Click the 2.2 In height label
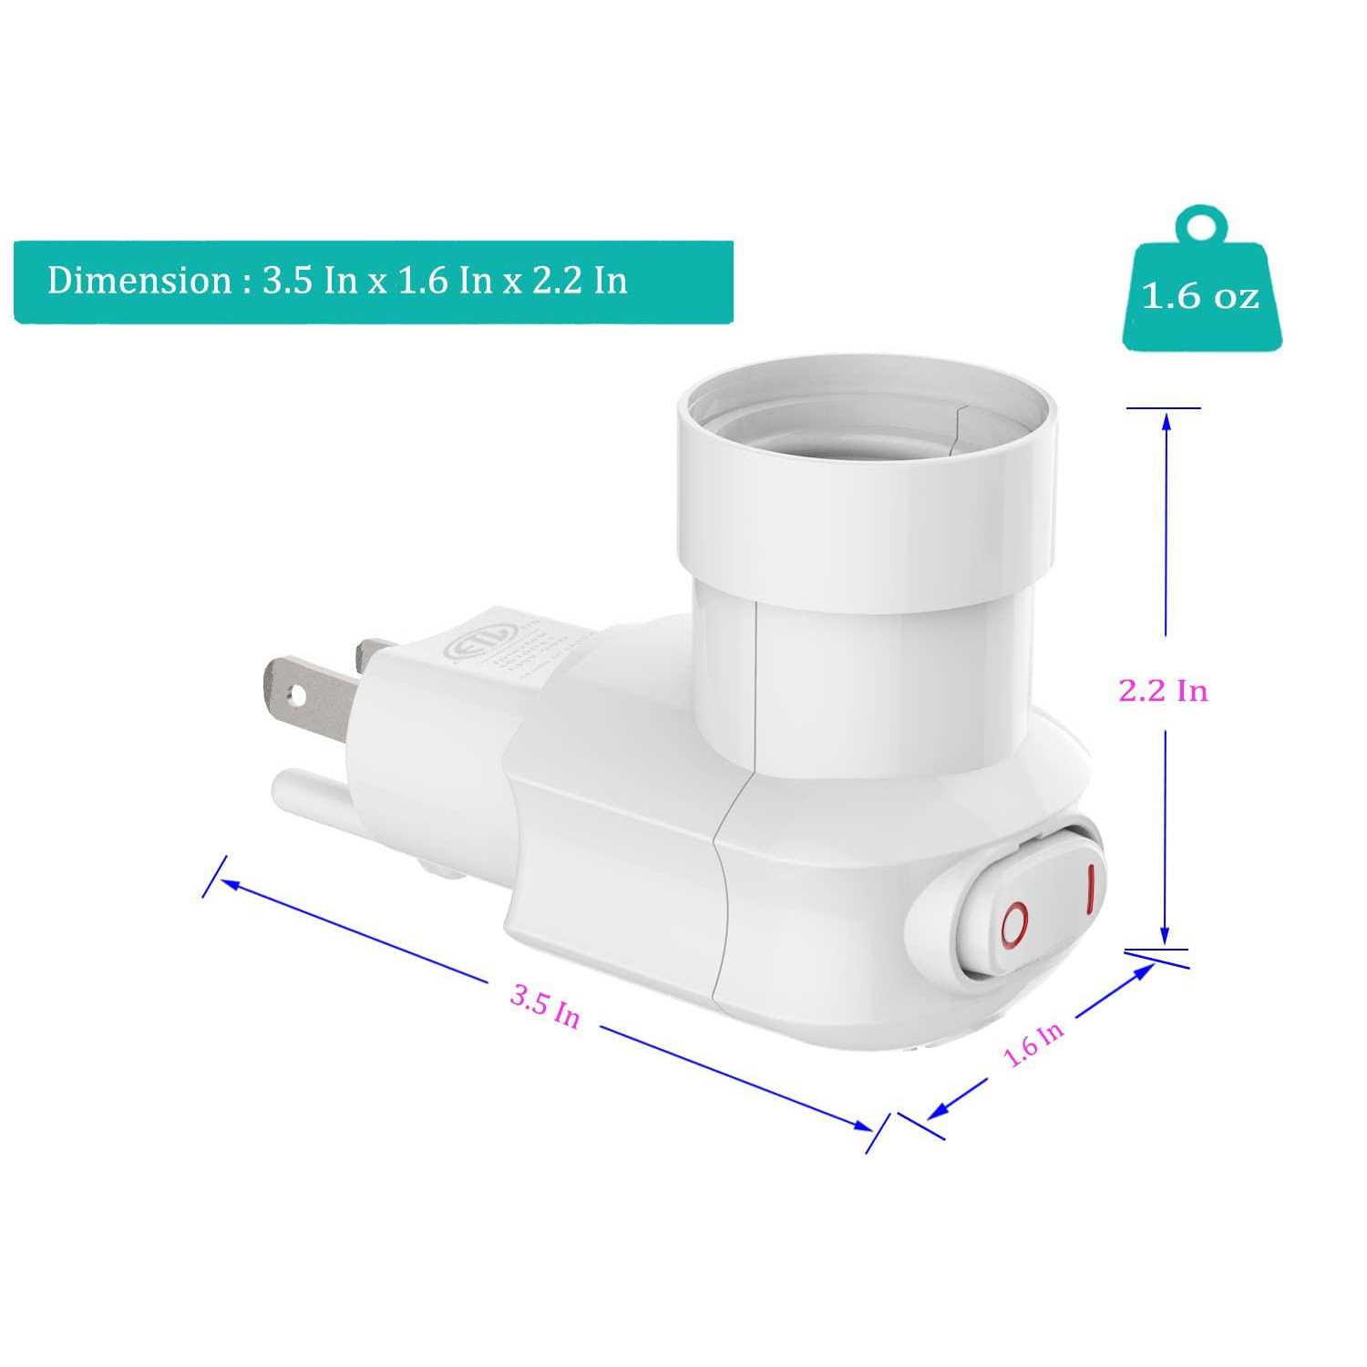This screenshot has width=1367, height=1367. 1163,691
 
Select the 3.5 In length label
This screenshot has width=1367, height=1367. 545,1005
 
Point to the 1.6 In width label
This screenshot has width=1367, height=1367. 1033,1043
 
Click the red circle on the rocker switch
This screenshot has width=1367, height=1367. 1014,925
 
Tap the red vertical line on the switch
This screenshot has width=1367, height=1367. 1088,889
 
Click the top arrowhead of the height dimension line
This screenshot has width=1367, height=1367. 1165,421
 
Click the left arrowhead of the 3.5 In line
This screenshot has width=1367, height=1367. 228,883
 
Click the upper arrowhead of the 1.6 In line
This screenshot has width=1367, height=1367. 1145,971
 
